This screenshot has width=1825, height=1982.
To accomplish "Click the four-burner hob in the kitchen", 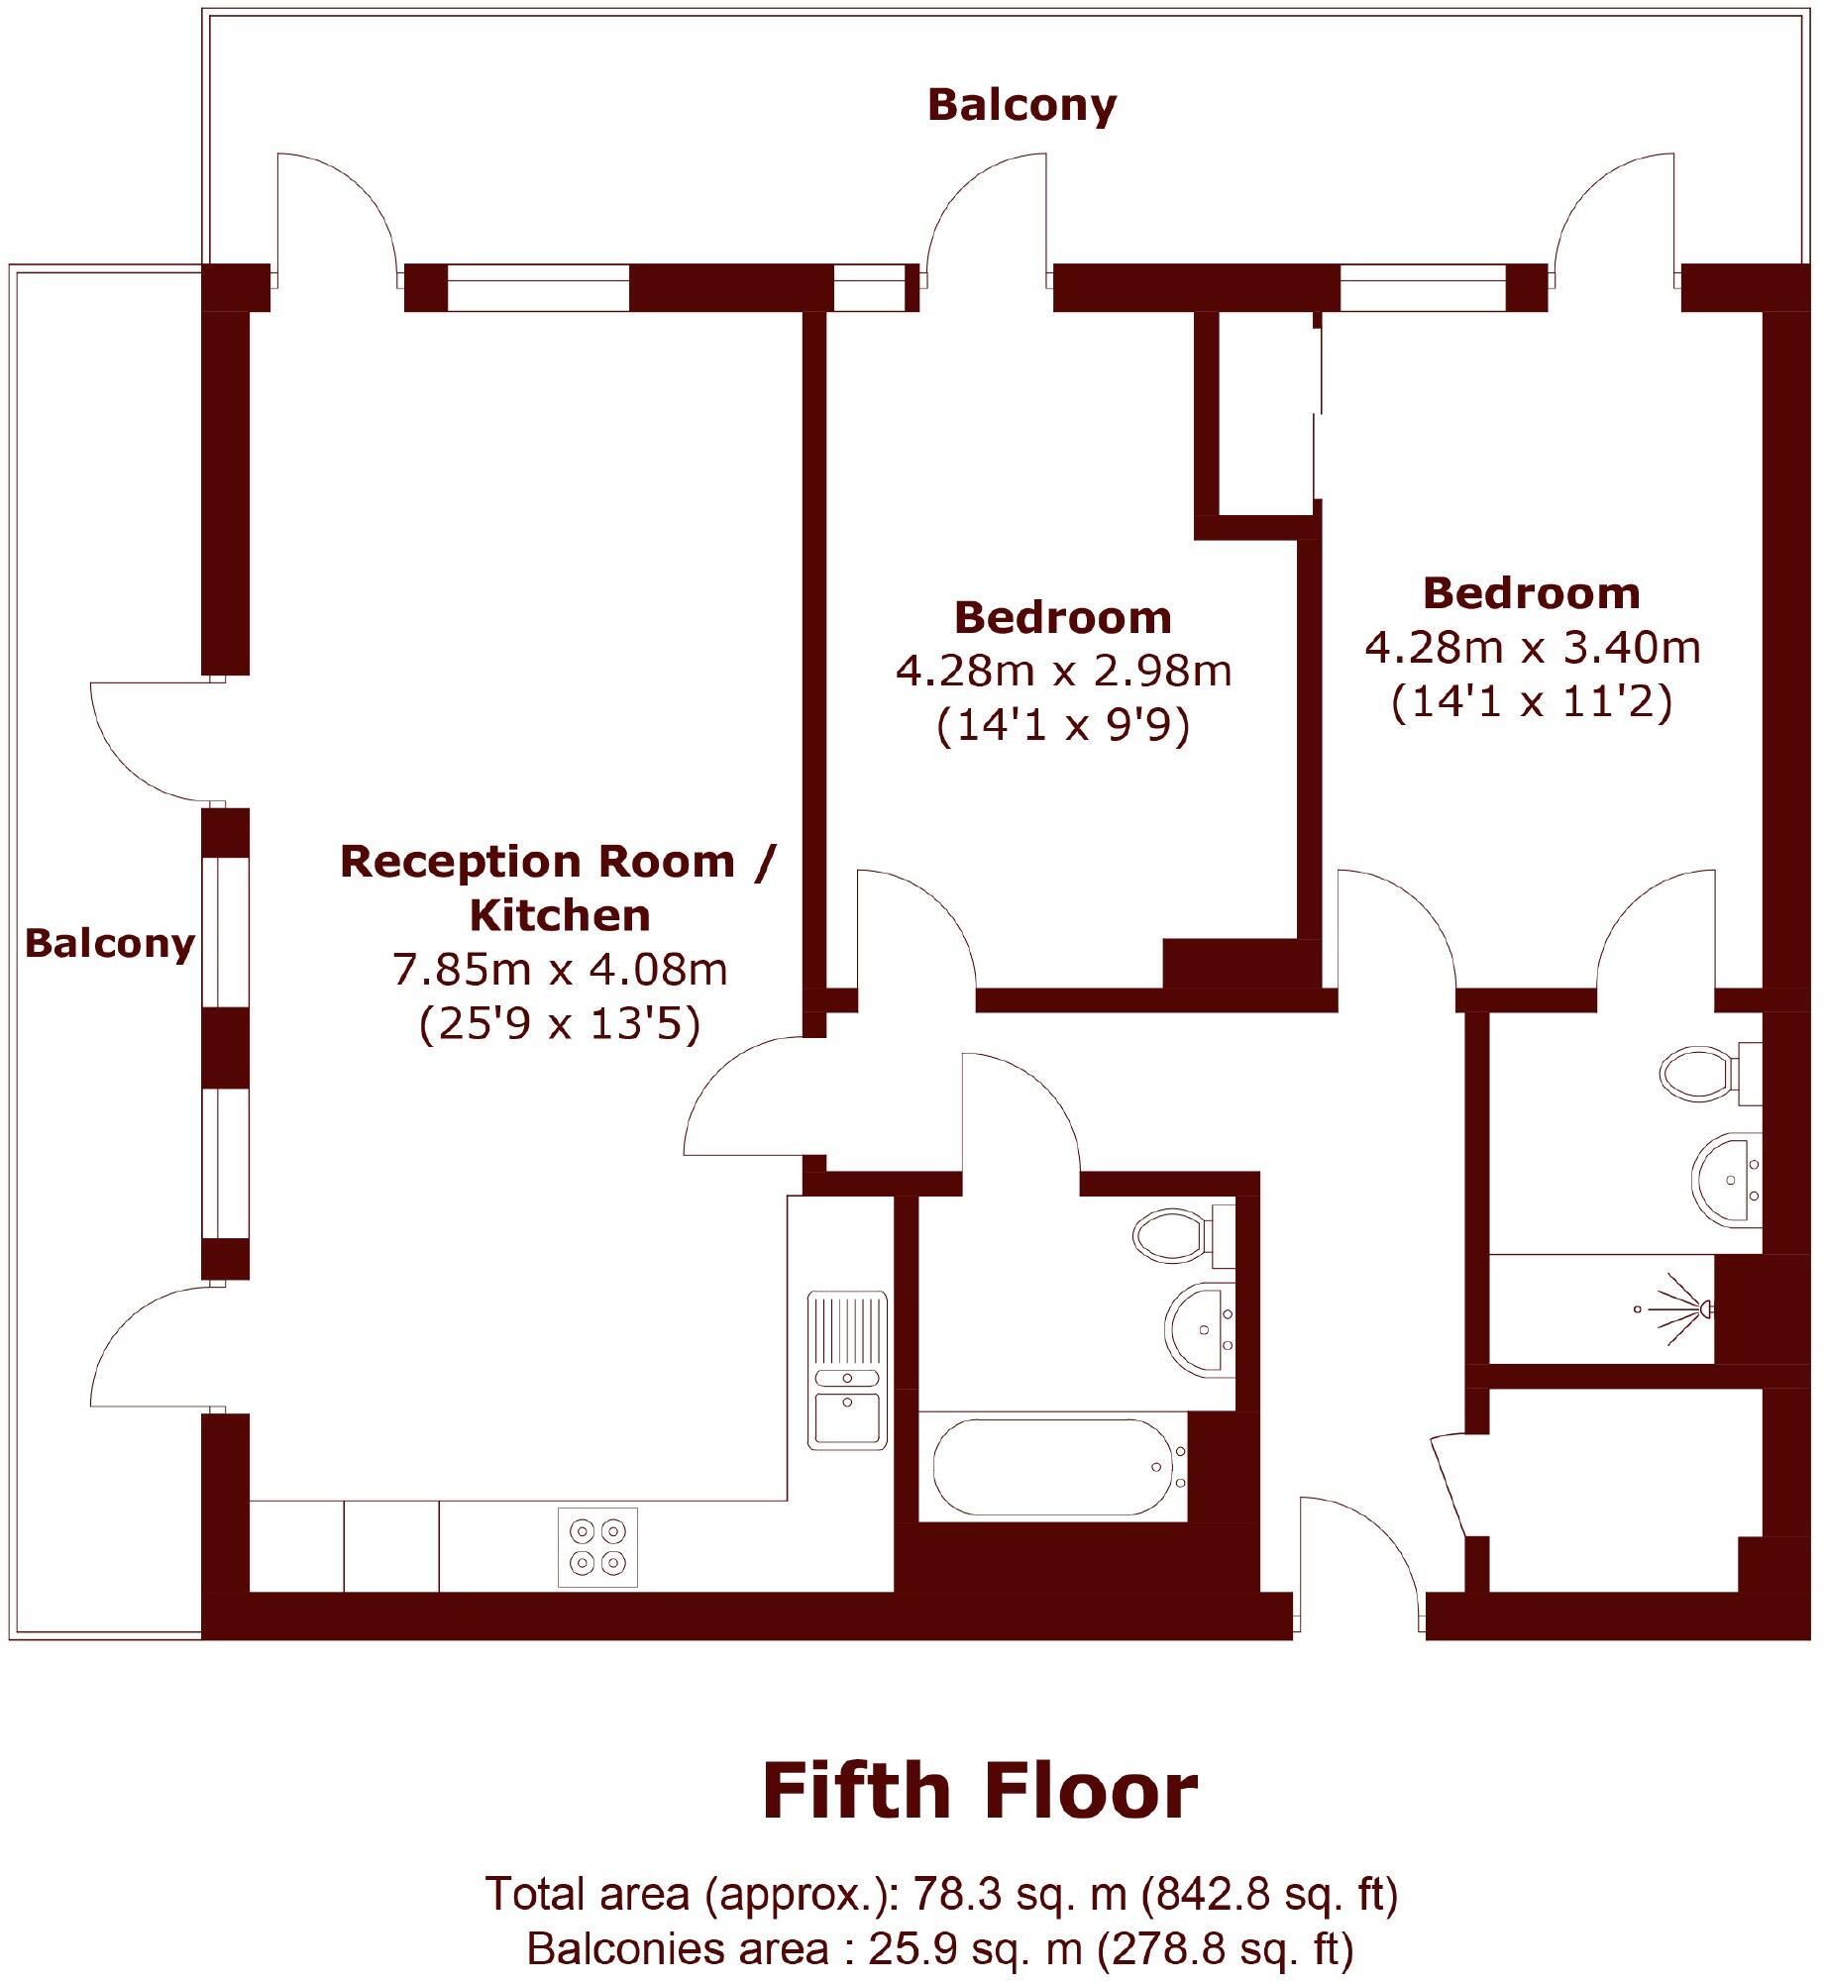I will (597, 1547).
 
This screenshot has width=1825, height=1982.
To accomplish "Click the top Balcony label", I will (1021, 105).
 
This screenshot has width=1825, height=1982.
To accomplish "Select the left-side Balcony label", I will (109, 943).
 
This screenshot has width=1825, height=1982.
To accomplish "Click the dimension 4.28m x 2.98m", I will (1063, 672).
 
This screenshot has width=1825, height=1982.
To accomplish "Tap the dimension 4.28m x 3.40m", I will (1532, 648).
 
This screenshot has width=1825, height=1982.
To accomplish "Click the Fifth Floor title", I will (979, 1791).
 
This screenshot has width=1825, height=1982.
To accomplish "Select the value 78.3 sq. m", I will (1019, 1894).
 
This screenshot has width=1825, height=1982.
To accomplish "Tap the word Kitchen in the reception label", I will (560, 915).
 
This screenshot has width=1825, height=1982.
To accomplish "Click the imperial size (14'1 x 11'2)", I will (1532, 701).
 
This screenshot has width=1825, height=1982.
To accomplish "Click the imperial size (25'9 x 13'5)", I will (560, 1023).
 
